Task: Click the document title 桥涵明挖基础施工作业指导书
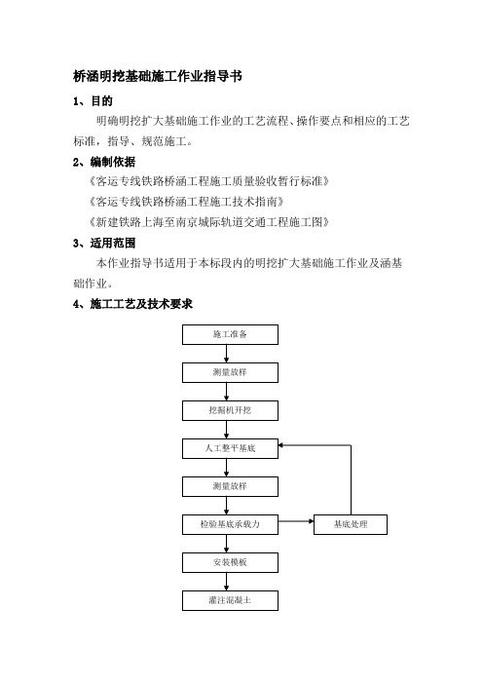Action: pos(158,76)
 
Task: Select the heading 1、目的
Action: pos(93,101)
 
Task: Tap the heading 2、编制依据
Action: pos(104,163)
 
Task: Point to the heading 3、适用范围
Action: pos(104,243)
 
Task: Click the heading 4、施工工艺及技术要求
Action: pos(132,304)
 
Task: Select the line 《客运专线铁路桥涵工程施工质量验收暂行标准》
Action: pos(208,181)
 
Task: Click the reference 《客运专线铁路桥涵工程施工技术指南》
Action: pos(187,202)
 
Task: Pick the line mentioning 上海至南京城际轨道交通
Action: pos(208,222)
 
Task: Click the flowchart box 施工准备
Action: pos(230,334)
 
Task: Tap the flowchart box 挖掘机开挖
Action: pos(230,410)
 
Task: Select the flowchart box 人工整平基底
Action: pos(230,448)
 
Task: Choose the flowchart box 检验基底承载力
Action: pos(230,524)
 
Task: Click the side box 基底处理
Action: pos(351,524)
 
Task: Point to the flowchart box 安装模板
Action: pos(230,562)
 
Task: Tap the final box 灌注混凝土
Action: pos(230,600)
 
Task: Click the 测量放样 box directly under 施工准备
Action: pos(230,372)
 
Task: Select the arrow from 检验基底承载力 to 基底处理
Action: pos(296,521)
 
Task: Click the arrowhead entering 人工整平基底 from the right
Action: pos(281,445)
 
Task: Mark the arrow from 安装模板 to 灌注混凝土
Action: pos(226,582)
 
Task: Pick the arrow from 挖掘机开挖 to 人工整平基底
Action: pos(226,430)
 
